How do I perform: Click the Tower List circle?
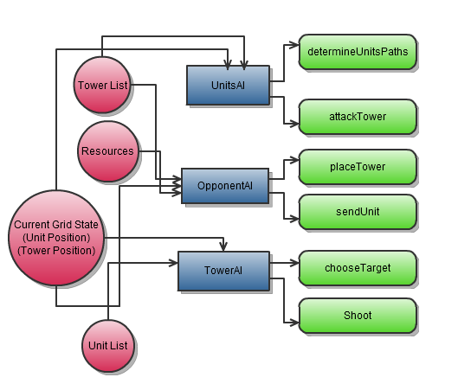point(102,85)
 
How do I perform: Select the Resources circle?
point(108,151)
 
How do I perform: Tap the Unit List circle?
point(108,346)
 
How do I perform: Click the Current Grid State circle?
point(56,238)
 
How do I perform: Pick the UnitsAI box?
point(228,85)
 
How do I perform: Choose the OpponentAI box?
point(225,186)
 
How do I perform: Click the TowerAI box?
point(223,271)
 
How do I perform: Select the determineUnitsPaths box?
point(358,52)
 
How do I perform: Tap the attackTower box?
point(358,117)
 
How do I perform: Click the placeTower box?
point(358,167)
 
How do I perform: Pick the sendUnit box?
point(358,212)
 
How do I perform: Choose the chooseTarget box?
point(358,268)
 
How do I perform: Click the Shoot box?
point(358,316)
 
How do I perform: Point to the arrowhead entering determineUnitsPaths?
point(294,45)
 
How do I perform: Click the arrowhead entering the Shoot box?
point(294,323)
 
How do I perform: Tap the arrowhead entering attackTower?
point(294,124)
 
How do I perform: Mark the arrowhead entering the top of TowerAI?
point(223,247)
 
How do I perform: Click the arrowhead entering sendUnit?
point(294,219)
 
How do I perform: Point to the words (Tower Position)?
point(56,251)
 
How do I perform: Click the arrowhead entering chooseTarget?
point(294,263)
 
